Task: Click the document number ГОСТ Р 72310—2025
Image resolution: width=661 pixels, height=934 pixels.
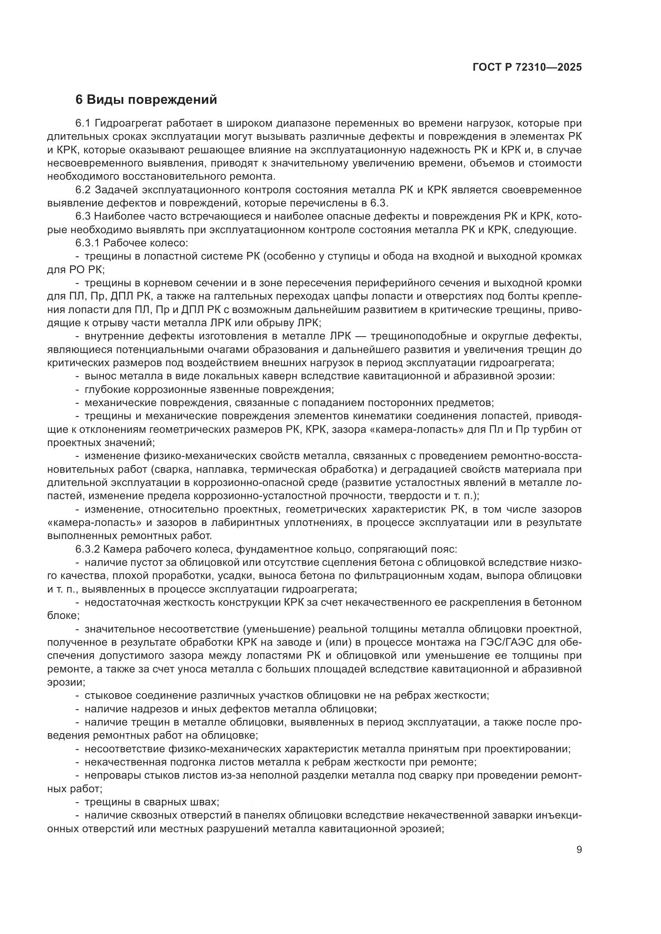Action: tap(527, 67)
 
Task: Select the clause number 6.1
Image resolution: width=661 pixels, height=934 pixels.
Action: tap(84, 124)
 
